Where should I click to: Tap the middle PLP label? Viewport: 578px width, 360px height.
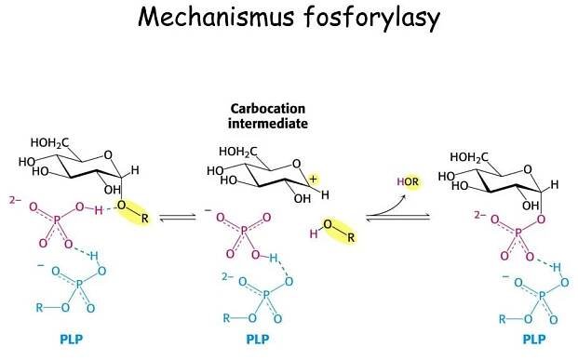(258, 340)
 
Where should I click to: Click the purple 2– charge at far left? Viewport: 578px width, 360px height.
(11, 199)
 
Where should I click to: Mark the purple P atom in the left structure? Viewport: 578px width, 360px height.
(53, 222)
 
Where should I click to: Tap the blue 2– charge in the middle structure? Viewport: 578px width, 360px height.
(227, 276)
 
